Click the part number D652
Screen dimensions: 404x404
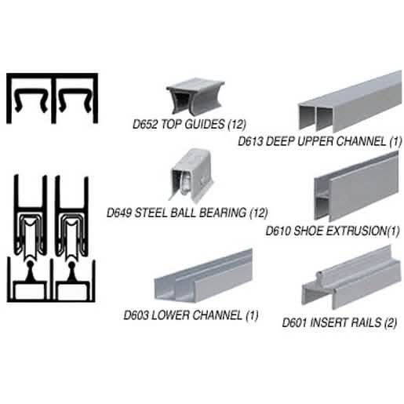[145, 124]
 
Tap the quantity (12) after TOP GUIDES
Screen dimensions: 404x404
[237, 124]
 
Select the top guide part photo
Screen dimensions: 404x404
[195, 96]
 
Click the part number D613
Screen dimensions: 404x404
[250, 141]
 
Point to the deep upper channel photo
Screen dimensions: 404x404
[350, 102]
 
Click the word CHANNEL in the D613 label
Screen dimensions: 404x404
[361, 141]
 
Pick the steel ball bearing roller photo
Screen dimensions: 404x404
[191, 175]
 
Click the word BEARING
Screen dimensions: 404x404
[223, 213]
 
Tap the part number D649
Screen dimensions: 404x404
[119, 213]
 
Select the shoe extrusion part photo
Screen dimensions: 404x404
[356, 187]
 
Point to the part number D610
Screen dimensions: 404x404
[278, 231]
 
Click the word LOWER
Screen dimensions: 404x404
[170, 315]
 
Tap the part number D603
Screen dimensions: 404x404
[136, 315]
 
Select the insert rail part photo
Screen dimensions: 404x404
[351, 278]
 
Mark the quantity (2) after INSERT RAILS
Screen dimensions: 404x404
[391, 322]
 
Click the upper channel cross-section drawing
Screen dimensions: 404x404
[53, 98]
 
